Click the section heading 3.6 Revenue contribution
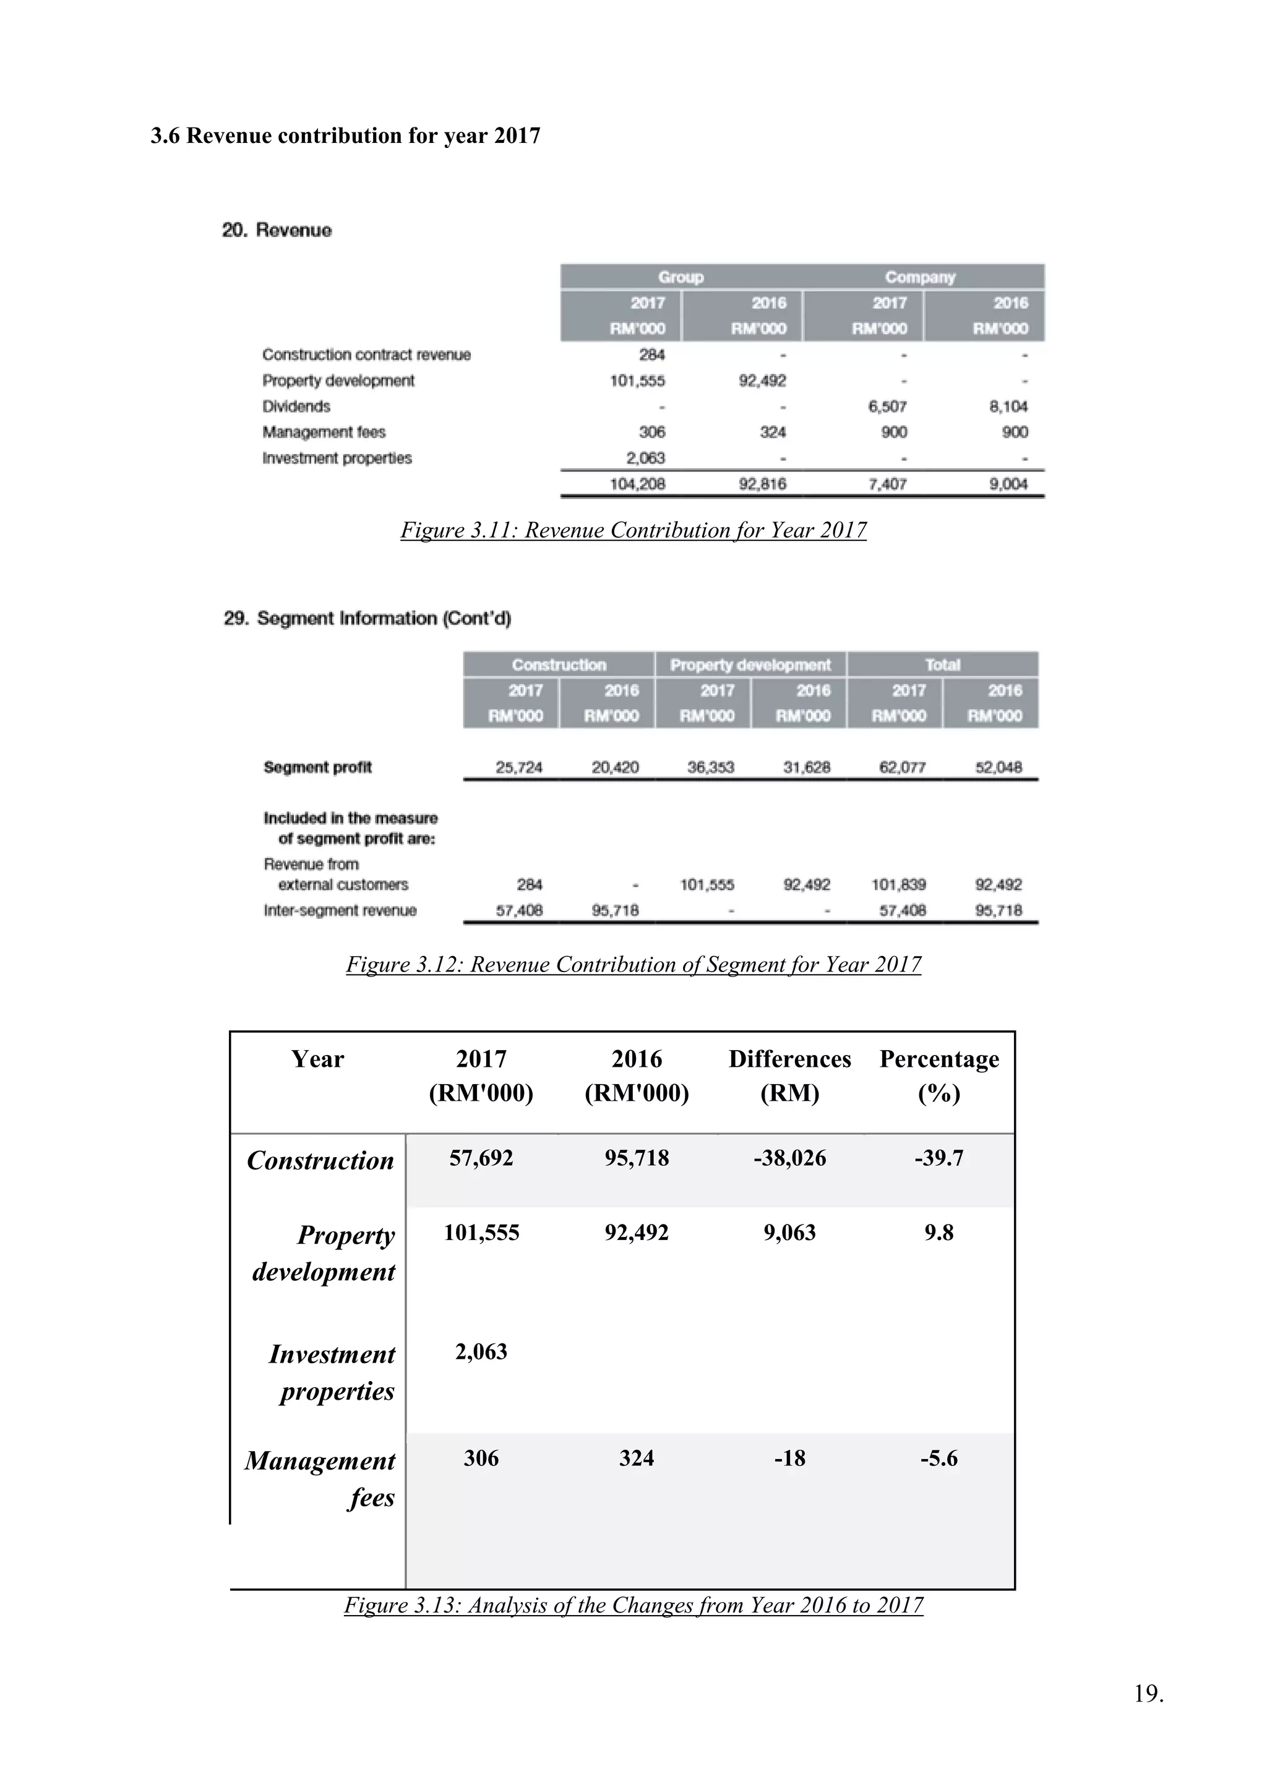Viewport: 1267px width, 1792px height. [345, 136]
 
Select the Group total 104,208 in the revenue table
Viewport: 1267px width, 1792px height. [637, 484]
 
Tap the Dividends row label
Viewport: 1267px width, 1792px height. [296, 407]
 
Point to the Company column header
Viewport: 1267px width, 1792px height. [919, 277]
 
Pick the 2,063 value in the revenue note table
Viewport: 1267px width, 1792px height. [645, 458]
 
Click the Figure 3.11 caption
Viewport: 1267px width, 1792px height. [633, 531]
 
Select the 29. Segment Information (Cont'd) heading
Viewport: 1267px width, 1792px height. [367, 618]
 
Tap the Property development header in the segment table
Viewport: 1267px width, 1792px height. [750, 665]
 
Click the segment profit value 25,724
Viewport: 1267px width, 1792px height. [519, 767]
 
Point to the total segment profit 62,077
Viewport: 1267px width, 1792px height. [902, 767]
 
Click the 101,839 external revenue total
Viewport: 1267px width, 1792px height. [898, 885]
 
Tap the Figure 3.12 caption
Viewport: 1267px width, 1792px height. [633, 965]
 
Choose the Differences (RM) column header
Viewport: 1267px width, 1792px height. [789, 1075]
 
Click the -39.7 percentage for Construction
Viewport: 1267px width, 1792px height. [938, 1158]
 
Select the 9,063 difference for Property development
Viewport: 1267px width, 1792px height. [789, 1233]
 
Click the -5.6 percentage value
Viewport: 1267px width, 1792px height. [938, 1458]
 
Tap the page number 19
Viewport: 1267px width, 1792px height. [1148, 1715]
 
